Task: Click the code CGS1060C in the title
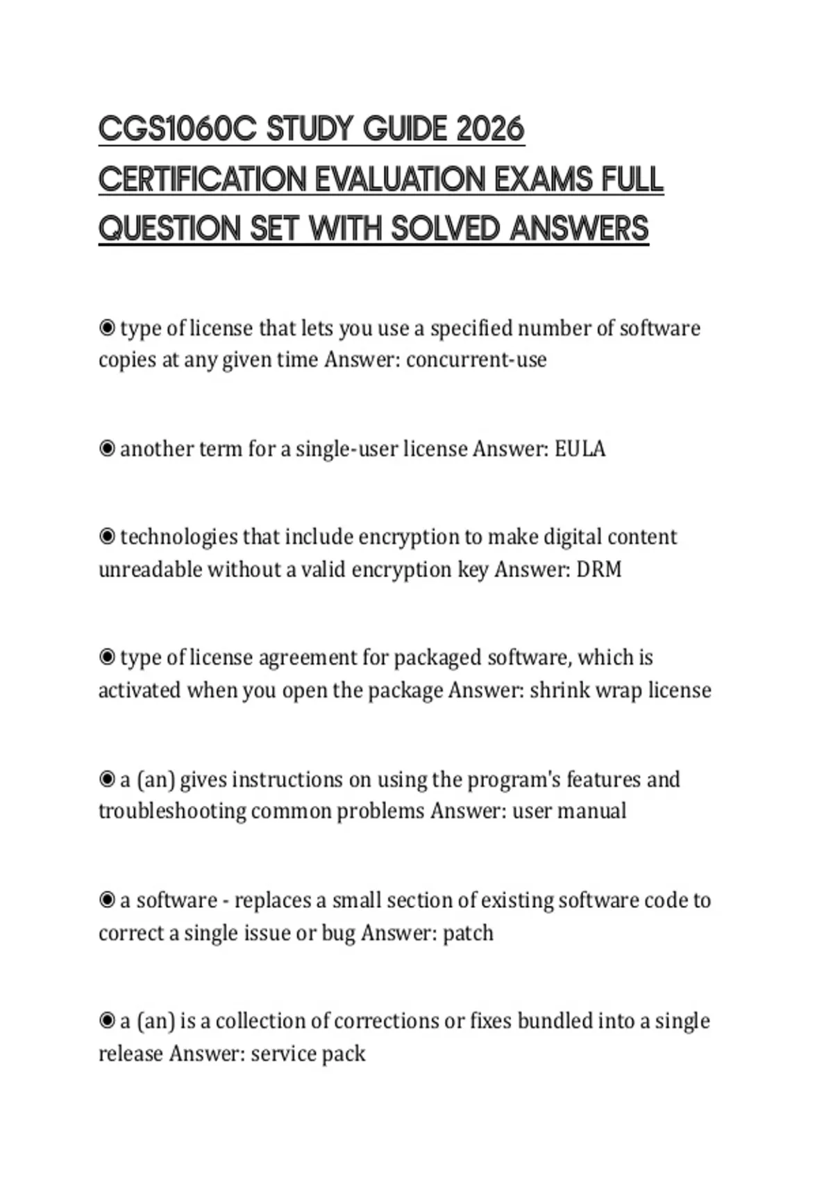coord(177,129)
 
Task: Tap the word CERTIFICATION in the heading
coord(202,179)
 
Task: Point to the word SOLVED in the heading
coord(445,229)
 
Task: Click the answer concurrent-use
coord(476,360)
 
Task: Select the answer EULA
coord(580,449)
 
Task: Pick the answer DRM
coord(598,569)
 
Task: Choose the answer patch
coord(468,932)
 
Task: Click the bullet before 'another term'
coord(107,449)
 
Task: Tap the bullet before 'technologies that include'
coord(107,537)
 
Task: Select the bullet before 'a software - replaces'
coord(107,900)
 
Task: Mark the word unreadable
coord(150,569)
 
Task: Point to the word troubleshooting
coord(172,811)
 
